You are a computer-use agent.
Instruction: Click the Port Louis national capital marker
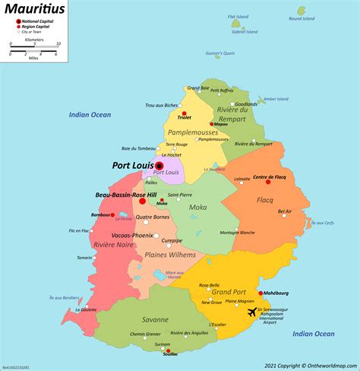(x=160, y=165)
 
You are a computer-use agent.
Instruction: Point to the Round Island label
(x=302, y=19)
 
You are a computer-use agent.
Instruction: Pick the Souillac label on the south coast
(x=171, y=354)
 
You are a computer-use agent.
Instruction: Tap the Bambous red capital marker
(x=112, y=215)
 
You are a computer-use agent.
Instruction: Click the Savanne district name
(x=133, y=320)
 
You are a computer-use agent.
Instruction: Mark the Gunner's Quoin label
(x=220, y=53)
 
